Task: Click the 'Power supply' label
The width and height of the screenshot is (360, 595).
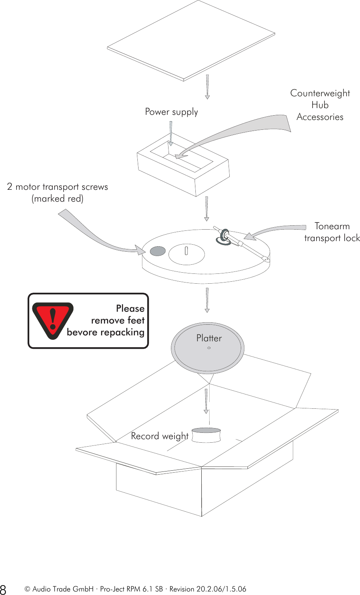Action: (x=171, y=112)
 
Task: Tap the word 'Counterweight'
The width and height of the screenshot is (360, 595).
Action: (x=320, y=93)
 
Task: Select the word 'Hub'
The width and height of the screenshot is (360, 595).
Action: (x=320, y=105)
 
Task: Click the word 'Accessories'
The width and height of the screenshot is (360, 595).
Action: (x=320, y=117)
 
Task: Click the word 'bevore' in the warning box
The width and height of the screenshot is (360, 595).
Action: (x=82, y=332)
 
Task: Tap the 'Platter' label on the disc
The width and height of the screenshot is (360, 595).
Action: (x=209, y=338)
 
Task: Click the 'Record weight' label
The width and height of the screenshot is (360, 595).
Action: (x=159, y=436)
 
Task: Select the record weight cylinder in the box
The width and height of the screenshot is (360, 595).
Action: (x=206, y=436)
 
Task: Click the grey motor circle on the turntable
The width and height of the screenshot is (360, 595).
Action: (x=157, y=251)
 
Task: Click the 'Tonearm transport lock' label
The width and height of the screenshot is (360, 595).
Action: (x=332, y=232)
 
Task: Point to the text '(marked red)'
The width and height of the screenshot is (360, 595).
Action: (x=58, y=198)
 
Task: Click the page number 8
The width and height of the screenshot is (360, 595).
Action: (x=4, y=589)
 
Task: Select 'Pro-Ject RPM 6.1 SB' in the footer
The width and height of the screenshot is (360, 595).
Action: (x=131, y=589)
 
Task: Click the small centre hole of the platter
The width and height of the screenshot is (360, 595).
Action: (x=209, y=348)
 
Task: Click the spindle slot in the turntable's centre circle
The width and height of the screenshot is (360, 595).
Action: (x=186, y=250)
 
